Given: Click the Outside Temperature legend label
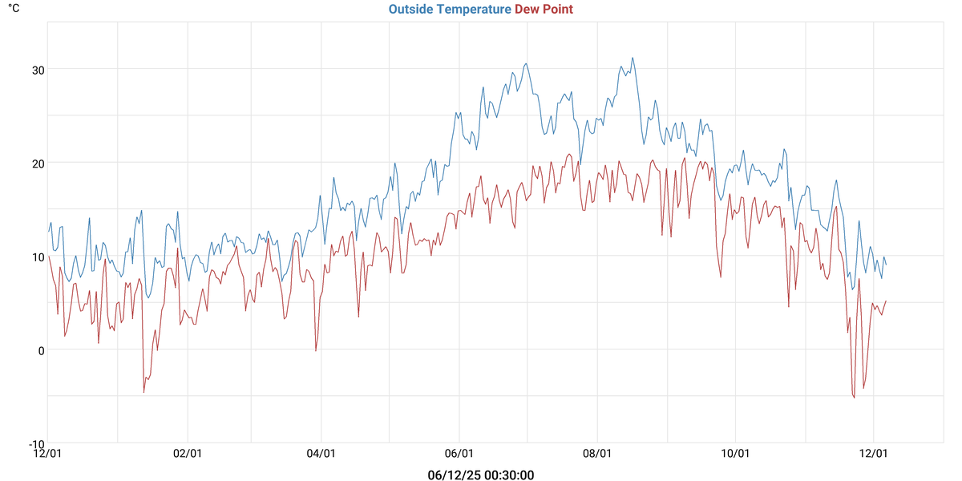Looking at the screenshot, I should pos(450,10).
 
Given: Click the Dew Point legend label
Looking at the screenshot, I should pos(544,10).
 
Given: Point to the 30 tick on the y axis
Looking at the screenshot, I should pos(38,69).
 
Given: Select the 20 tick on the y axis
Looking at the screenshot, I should pos(38,163).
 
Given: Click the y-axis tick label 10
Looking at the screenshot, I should pos(38,257).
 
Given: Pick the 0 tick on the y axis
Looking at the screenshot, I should pos(41,350).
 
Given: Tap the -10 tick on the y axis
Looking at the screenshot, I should pos(36,443).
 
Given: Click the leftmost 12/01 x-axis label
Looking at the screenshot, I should pos(48,454).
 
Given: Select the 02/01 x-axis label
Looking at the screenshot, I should pos(187,454).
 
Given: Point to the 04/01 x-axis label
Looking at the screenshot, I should pos(321,454).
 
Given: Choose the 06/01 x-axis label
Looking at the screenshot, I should pos(459,454).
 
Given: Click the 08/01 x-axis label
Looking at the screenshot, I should pos(597,454).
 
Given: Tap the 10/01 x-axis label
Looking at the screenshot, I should pos(735,454).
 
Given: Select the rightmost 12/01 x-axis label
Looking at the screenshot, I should pos(873,454).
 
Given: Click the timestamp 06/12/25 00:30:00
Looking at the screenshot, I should pos(481,475).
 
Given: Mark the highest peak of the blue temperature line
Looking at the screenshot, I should pos(633,58).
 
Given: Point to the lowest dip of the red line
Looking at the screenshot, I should pos(855,398).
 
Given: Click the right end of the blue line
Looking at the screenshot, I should pos(886,265).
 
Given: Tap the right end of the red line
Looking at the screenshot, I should pos(886,301).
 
